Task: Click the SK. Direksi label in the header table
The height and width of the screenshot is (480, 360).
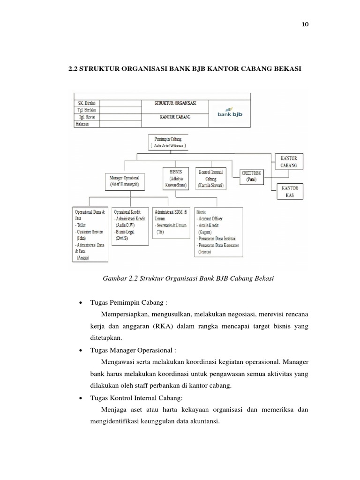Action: (x=85, y=102)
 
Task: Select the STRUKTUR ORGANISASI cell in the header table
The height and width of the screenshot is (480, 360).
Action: (x=176, y=102)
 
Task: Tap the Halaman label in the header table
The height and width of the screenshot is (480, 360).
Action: (x=82, y=124)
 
